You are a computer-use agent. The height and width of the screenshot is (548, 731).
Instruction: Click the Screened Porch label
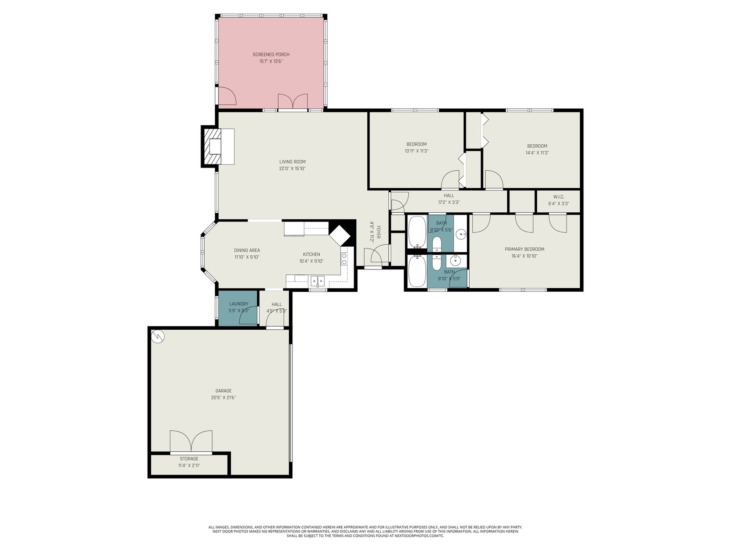click(x=271, y=54)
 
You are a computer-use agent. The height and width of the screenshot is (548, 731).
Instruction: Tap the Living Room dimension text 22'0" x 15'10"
click(x=292, y=169)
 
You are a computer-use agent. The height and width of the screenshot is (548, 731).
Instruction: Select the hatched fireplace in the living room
click(x=213, y=147)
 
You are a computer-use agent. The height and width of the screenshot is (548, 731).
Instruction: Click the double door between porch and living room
click(x=292, y=101)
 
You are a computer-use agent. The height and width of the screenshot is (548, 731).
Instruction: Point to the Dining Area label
click(x=247, y=251)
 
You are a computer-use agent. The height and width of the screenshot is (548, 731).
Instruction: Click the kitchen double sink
click(x=318, y=281)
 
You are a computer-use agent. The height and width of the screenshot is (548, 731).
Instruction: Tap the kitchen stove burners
click(x=344, y=258)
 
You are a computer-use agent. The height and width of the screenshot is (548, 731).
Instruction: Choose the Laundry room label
click(x=239, y=304)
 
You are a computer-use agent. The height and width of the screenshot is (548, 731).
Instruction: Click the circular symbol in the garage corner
click(x=158, y=336)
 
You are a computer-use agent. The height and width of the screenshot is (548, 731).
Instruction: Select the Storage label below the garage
click(x=189, y=459)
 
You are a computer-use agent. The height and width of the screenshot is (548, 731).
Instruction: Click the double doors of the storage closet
click(x=191, y=442)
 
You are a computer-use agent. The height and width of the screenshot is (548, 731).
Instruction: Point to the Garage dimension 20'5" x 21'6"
click(x=223, y=398)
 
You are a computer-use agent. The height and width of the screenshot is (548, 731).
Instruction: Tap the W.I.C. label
click(x=558, y=197)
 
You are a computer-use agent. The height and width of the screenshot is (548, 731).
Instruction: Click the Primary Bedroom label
click(x=524, y=249)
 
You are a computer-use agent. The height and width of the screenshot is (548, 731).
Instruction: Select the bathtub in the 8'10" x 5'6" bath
click(x=417, y=232)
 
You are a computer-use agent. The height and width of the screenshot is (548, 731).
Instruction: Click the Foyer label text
click(x=378, y=232)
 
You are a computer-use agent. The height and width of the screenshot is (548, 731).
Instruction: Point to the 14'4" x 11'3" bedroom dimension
click(x=537, y=153)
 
